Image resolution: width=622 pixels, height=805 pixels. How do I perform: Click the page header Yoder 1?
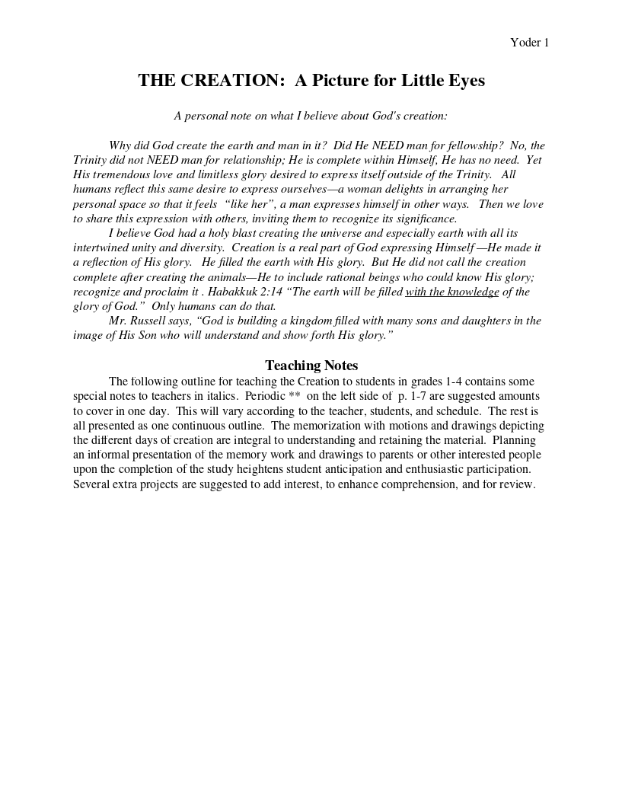[529, 43]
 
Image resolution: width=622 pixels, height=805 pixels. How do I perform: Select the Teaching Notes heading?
[311, 366]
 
